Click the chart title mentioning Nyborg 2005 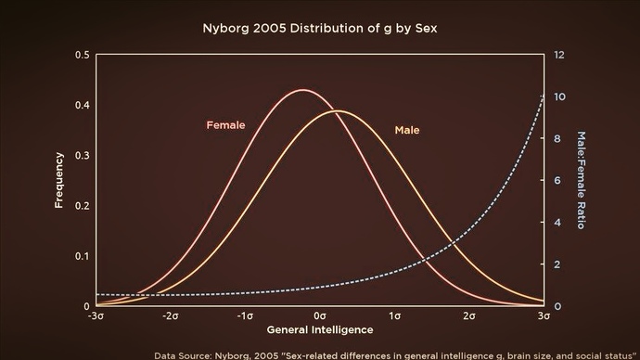(x=319, y=28)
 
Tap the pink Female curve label (x=225, y=124)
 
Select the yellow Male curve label (x=407, y=130)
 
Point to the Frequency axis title (x=58, y=180)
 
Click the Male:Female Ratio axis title (x=582, y=180)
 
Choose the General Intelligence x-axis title (x=319, y=329)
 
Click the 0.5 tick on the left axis (x=82, y=56)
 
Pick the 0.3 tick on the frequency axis (x=82, y=156)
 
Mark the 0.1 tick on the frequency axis (x=82, y=256)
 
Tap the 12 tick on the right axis (x=560, y=56)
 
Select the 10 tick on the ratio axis (x=560, y=97)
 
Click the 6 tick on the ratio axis (x=559, y=181)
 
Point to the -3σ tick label (x=95, y=316)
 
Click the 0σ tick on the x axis (x=319, y=316)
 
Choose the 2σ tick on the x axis (x=469, y=316)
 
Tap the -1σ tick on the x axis (x=245, y=316)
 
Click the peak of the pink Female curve (x=302, y=90)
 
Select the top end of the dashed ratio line (x=543, y=94)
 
